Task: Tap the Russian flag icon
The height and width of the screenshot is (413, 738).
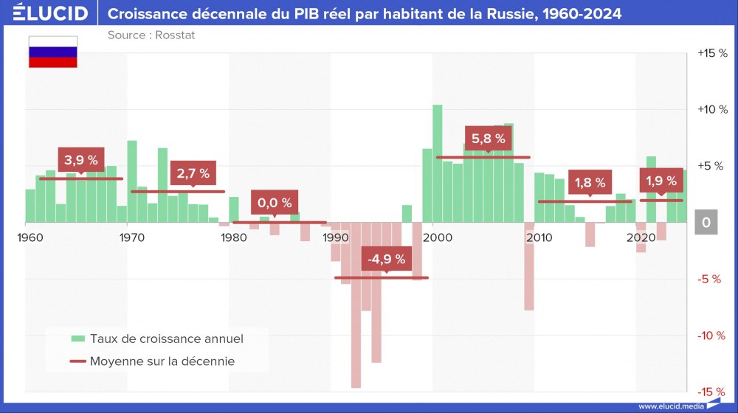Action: [x=52, y=52]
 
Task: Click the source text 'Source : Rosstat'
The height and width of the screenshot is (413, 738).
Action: [x=151, y=35]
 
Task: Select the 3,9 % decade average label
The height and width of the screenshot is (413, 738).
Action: [x=81, y=159]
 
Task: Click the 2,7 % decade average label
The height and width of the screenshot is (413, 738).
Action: [x=193, y=174]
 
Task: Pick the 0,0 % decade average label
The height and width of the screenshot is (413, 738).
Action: [x=275, y=202]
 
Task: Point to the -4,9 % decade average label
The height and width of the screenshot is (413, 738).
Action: [x=387, y=259]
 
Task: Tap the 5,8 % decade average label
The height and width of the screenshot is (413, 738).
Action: [x=488, y=138]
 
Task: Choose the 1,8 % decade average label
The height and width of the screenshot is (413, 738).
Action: [x=590, y=182]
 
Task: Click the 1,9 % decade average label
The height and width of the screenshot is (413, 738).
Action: [x=661, y=181]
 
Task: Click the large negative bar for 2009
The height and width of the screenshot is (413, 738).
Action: [x=529, y=265]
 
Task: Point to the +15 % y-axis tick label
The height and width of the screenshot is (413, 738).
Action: [x=712, y=53]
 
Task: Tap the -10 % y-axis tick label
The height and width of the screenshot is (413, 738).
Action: [x=712, y=336]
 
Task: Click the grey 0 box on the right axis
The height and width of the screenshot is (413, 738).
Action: [x=706, y=223]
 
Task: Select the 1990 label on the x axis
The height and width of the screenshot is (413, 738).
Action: [x=336, y=237]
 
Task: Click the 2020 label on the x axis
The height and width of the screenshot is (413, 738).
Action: [x=640, y=237]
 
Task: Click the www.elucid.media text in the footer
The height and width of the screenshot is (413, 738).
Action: [x=670, y=406]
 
